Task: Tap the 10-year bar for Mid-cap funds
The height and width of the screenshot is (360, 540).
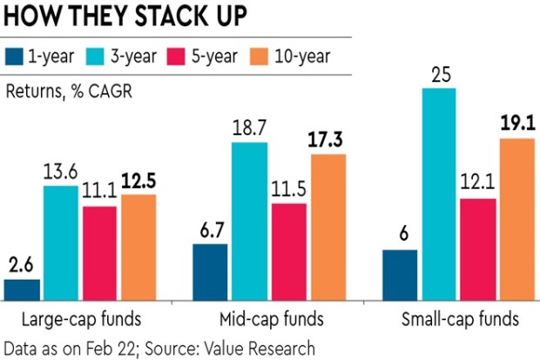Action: coord(327,228)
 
